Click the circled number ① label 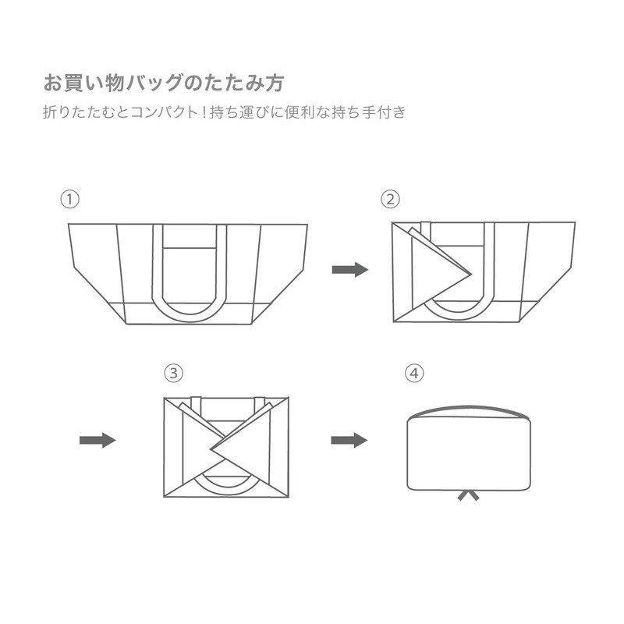(71, 199)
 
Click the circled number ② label (390, 199)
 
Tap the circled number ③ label (173, 373)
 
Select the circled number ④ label (415, 373)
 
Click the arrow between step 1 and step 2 (349, 270)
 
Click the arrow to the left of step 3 (97, 441)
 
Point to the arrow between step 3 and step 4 (349, 441)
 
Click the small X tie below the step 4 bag (468, 495)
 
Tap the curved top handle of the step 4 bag (468, 409)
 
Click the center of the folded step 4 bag (468, 452)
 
